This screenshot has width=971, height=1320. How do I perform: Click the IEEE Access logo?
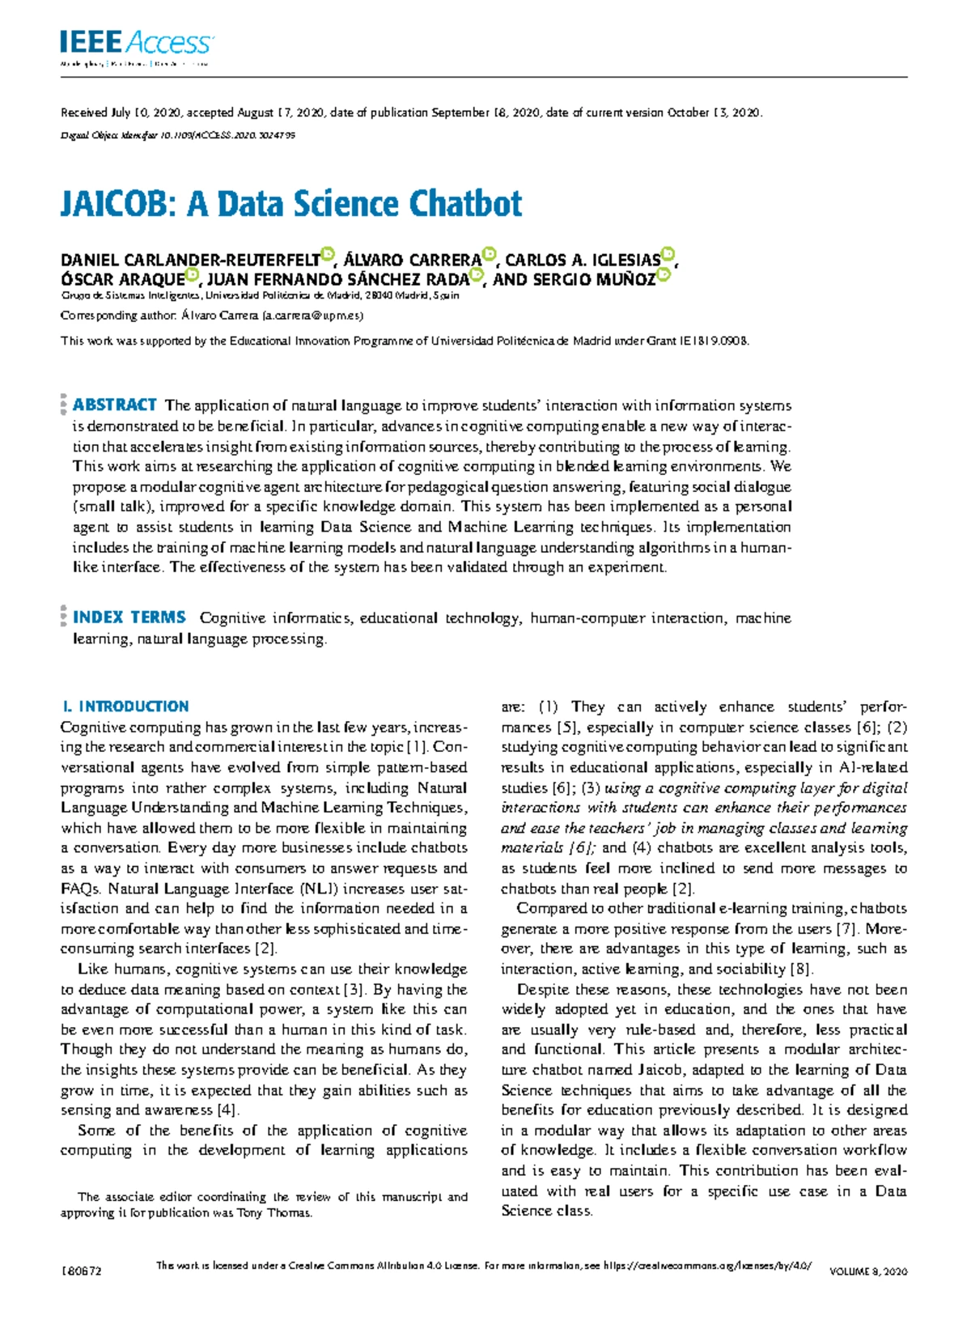click(x=136, y=42)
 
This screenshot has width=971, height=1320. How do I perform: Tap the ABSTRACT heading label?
click(x=114, y=405)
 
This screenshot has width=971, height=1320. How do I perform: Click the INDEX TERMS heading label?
click(x=129, y=618)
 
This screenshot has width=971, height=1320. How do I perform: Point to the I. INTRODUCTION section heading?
click(x=125, y=706)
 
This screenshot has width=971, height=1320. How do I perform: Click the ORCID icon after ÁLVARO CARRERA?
click(x=489, y=255)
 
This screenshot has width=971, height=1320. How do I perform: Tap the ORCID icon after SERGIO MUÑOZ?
click(x=664, y=274)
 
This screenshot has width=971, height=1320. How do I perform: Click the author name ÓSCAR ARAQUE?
click(x=122, y=280)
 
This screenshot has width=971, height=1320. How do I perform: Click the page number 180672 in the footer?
click(x=81, y=1271)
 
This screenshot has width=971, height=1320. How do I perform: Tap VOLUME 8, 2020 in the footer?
click(x=868, y=1271)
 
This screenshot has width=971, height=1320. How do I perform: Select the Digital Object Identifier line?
click(x=178, y=135)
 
